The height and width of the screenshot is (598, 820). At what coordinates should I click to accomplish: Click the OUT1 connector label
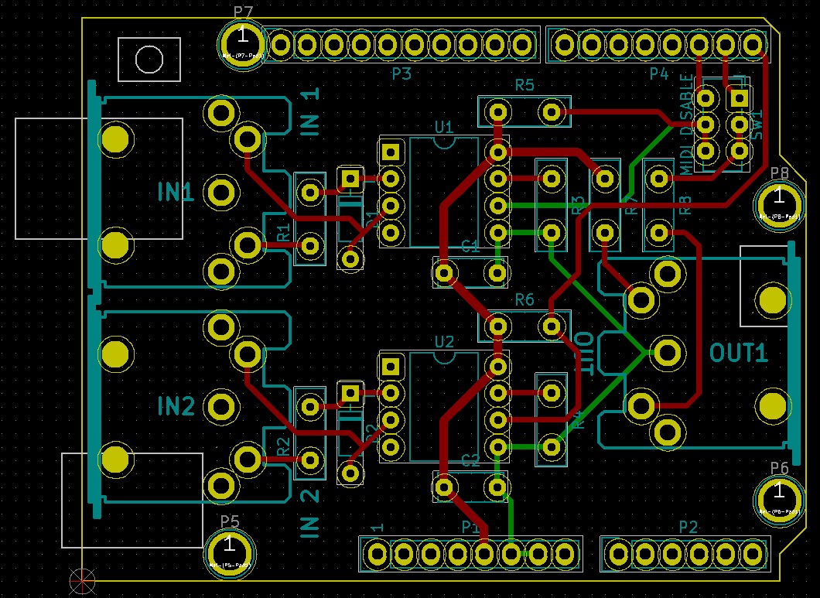(740, 354)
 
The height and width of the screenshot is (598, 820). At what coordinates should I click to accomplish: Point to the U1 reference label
(444, 126)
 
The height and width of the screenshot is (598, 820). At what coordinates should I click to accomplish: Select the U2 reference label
(444, 341)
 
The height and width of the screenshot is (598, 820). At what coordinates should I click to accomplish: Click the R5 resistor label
(524, 85)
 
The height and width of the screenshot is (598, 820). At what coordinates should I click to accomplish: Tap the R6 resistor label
(524, 299)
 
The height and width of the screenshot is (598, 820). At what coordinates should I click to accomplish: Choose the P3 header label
(401, 75)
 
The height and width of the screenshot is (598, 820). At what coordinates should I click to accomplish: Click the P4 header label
(658, 74)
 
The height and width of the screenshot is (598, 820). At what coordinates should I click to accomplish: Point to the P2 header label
(688, 527)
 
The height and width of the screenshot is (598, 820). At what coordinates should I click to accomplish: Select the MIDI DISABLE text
(687, 125)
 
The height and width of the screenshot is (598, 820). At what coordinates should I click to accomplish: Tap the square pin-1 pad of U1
(391, 152)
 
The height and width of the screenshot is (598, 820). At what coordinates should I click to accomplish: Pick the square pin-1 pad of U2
(391, 367)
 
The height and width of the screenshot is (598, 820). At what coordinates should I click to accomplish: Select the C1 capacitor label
(470, 247)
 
